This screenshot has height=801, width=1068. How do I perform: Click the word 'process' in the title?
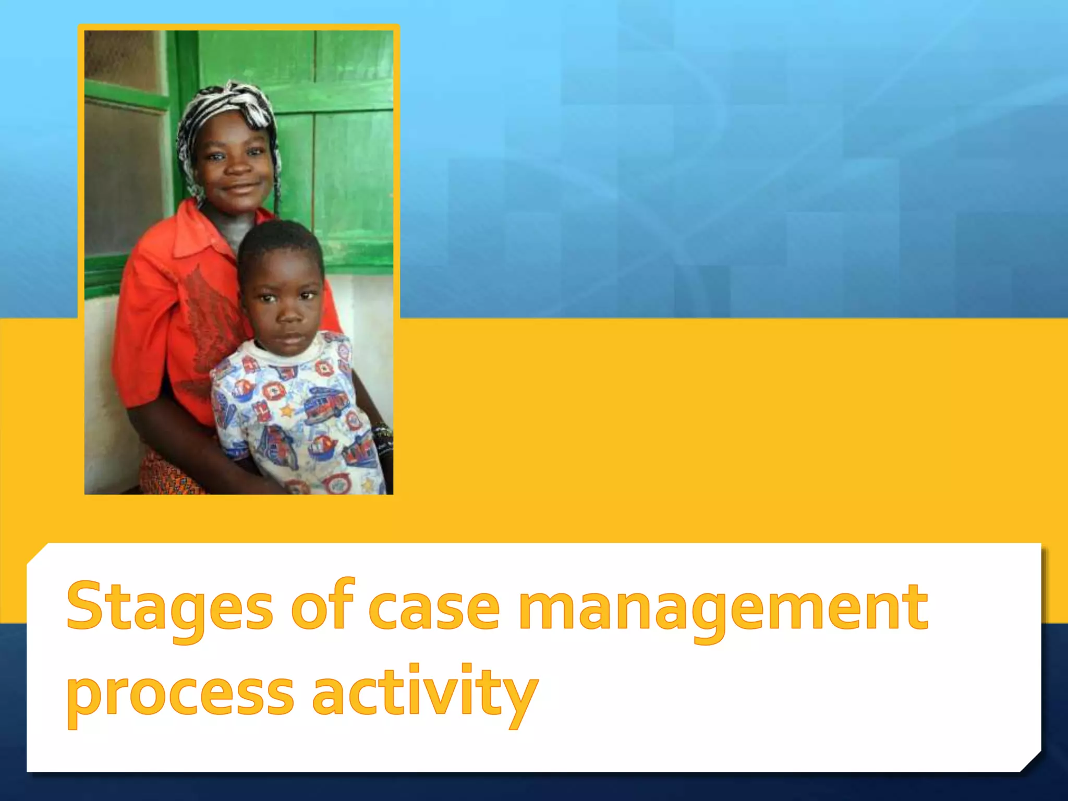point(180,697)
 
